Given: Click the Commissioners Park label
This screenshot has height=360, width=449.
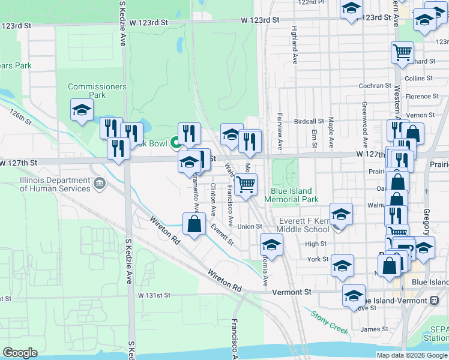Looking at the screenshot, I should (x=97, y=91).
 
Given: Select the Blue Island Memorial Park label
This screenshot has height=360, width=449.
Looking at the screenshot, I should (x=291, y=195).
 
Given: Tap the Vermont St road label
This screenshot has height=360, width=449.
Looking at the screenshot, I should (x=292, y=292).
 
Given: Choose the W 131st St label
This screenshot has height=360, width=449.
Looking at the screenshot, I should (x=154, y=295).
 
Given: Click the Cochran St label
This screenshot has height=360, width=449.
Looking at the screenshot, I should (x=375, y=86).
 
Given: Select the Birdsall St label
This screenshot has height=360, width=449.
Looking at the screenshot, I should (x=309, y=121).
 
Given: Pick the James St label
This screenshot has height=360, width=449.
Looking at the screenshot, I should (x=375, y=329).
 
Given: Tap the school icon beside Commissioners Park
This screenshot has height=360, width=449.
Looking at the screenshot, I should (x=82, y=110).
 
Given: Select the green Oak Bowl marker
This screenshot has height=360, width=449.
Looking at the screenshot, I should (x=176, y=143).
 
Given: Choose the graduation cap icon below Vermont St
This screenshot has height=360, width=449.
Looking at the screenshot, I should (x=354, y=295).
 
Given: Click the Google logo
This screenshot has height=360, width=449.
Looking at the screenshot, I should (x=20, y=353).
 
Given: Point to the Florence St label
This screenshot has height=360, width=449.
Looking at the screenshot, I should (x=423, y=97).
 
